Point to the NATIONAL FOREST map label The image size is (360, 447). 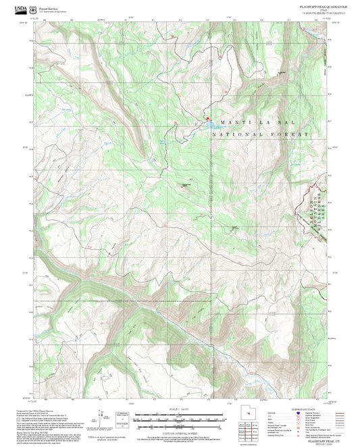pyautogui.click(x=260, y=135)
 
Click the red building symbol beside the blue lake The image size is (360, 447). pyautogui.click(x=208, y=121)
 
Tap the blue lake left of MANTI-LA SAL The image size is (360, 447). pyautogui.click(x=211, y=124)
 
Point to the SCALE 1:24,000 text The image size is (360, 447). pyautogui.click(x=180, y=409)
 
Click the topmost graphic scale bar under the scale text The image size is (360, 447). pyautogui.click(x=180, y=414)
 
